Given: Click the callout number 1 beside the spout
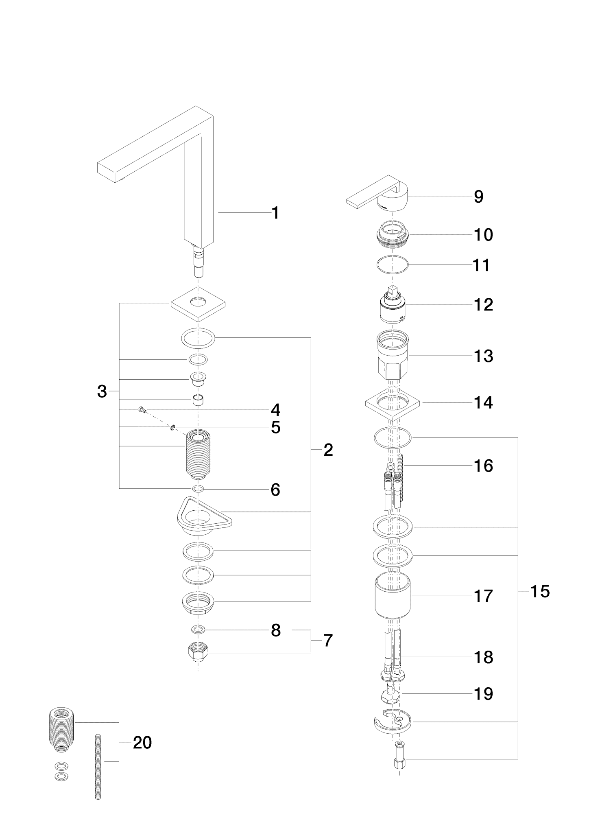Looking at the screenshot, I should [275, 213].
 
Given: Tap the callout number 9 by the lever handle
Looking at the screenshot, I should [478, 197].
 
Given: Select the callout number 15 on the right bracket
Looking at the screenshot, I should [540, 591].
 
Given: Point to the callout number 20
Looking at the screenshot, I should [142, 743].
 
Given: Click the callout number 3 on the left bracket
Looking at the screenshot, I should [102, 391].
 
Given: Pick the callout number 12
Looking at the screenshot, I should [483, 305].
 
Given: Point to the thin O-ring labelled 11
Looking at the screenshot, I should [393, 265].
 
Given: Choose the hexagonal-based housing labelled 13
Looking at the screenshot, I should [393, 355].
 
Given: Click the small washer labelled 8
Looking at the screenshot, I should [198, 630].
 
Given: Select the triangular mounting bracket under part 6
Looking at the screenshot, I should [203, 517].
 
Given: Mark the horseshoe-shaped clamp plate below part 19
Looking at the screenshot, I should [393, 724].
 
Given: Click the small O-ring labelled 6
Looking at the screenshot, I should [198, 488].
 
